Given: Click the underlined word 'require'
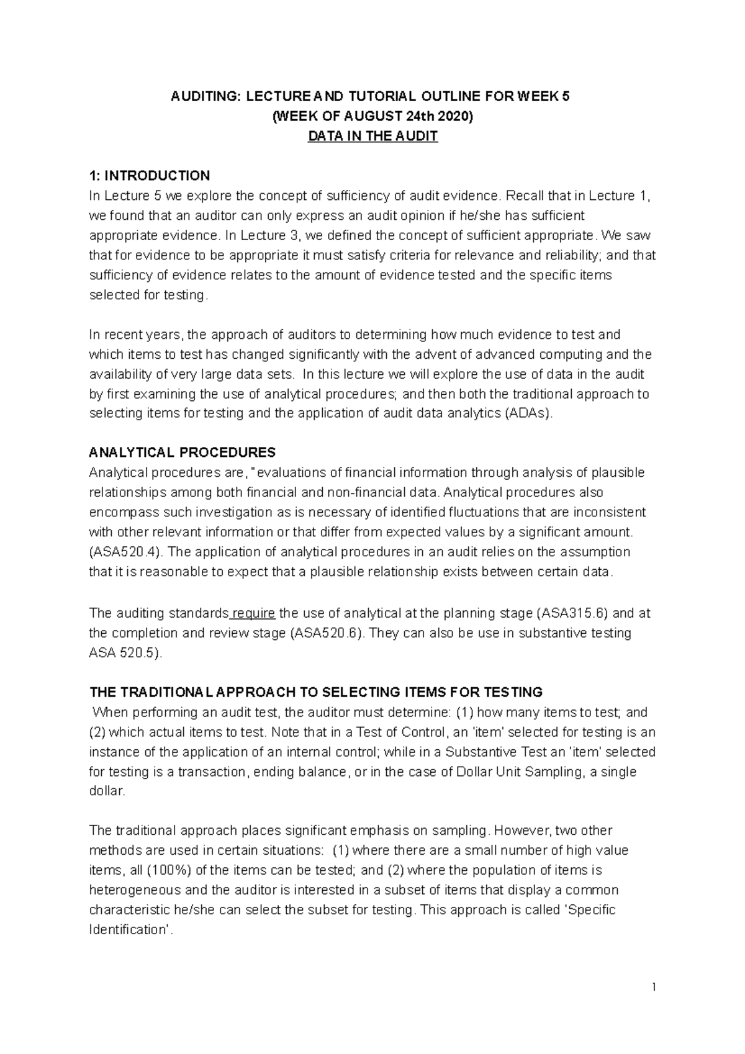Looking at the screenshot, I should pos(253,613).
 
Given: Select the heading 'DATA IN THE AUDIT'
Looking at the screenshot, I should pos(372,137).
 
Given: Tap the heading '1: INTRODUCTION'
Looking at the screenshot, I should pos(150,176).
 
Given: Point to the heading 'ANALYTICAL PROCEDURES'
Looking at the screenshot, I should pos(183,452).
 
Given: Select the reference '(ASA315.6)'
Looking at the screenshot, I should pos(572,613).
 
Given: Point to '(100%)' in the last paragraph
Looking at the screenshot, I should pos(168,870).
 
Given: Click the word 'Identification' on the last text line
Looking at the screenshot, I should pos(131,930).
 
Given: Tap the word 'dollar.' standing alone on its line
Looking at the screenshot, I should pos(107,791).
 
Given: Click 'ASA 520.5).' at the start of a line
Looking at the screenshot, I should pos(126,653).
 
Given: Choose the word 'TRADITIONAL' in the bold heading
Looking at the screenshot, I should pos(161,692).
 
